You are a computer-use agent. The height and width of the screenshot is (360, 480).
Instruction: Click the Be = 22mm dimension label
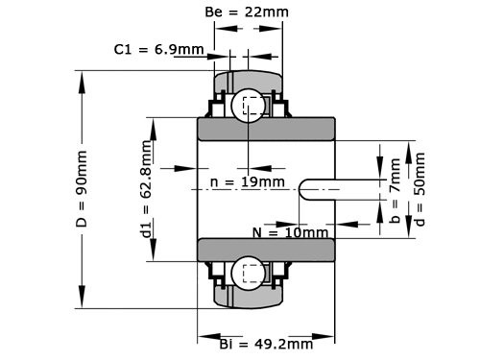[248, 12]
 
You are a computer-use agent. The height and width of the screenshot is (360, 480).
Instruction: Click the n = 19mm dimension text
[247, 180]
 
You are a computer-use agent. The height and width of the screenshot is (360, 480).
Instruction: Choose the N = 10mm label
[291, 232]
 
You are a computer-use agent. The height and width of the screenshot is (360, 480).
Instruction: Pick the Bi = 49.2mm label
[266, 344]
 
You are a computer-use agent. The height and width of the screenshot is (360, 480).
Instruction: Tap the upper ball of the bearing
[249, 107]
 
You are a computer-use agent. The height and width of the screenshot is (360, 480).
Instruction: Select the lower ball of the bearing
[249, 274]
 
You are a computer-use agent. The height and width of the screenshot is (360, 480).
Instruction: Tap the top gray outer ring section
[249, 79]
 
